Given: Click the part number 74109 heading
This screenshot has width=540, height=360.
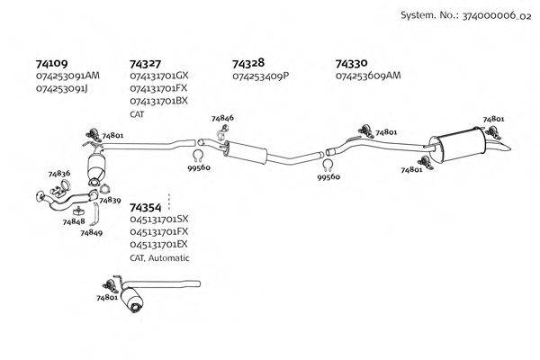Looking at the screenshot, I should click(51, 64).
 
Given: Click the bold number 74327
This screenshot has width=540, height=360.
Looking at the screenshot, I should click(145, 64).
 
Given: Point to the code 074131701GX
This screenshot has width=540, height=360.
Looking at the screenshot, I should click(158, 76).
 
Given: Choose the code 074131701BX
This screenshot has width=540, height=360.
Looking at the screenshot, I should click(158, 102).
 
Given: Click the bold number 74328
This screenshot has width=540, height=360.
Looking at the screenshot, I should click(247, 64).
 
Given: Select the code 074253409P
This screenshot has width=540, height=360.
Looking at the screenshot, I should click(260, 76).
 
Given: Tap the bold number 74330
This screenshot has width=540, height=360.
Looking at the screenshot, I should click(351, 64).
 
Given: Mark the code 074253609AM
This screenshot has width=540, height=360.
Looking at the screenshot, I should click(367, 76).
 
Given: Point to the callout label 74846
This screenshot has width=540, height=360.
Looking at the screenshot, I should click(222, 119).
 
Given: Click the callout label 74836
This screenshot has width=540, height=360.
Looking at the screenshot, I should click(58, 173).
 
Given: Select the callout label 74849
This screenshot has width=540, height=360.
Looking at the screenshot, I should click(91, 232).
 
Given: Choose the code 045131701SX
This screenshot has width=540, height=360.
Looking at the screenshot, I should click(158, 220).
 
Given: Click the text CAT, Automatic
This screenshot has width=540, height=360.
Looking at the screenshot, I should click(159, 257).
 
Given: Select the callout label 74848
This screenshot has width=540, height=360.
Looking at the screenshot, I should click(74, 221).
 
